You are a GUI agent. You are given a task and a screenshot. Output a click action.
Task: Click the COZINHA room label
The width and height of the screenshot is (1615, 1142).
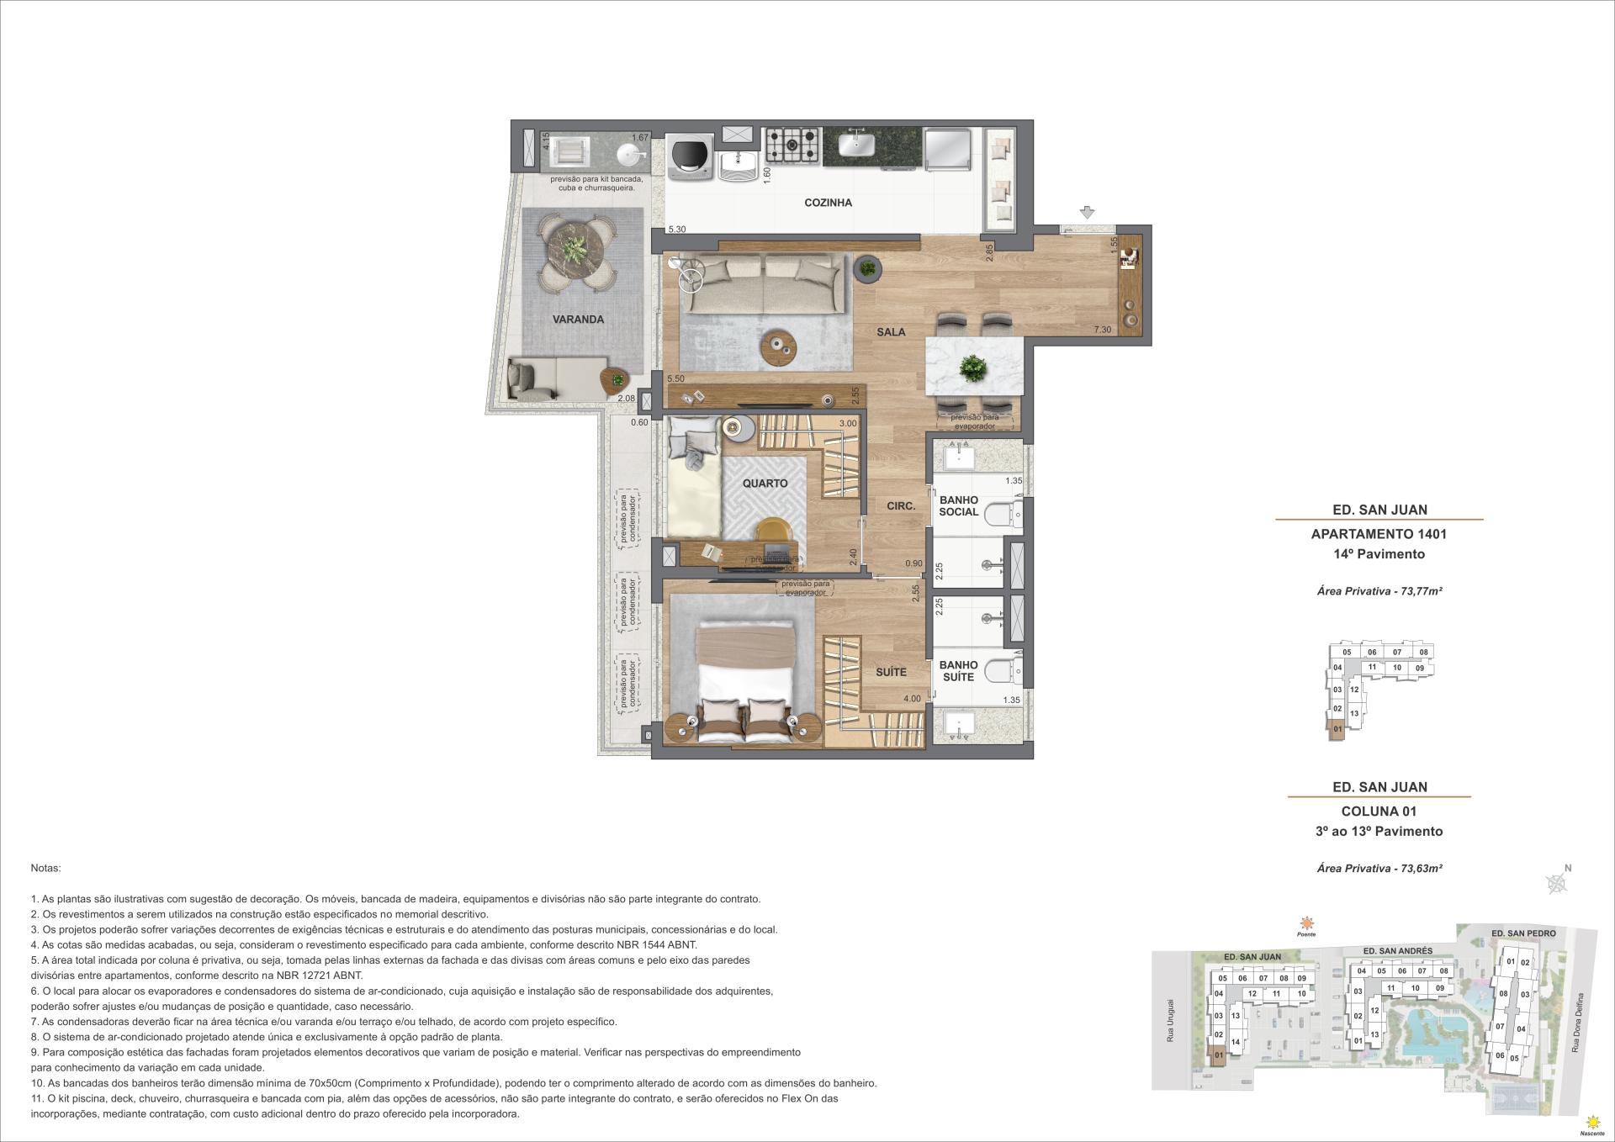pyautogui.click(x=828, y=203)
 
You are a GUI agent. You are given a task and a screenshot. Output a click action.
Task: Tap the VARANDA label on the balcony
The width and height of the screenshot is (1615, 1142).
pyautogui.click(x=578, y=320)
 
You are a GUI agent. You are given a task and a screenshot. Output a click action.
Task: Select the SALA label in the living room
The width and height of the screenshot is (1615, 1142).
pyautogui.click(x=891, y=332)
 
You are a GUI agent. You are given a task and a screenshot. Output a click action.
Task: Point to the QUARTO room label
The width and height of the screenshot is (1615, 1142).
pyautogui.click(x=765, y=484)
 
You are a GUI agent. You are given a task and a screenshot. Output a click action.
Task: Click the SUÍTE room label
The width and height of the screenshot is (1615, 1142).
pyautogui.click(x=891, y=672)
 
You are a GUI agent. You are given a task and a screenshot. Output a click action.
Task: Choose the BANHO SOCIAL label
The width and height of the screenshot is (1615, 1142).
pyautogui.click(x=958, y=506)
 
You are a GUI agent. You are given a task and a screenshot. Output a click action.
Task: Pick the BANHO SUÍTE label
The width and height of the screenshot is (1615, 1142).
pyautogui.click(x=958, y=671)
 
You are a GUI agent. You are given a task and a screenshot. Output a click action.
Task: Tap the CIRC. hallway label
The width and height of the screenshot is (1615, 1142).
pyautogui.click(x=900, y=506)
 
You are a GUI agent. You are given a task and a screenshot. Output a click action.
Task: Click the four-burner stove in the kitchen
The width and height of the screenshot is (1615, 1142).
pyautogui.click(x=792, y=146)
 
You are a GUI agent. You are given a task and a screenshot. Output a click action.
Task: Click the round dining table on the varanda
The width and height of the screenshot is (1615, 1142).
pyautogui.click(x=576, y=251)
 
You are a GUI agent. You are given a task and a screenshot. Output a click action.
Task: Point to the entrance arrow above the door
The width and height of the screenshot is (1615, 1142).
pyautogui.click(x=1087, y=214)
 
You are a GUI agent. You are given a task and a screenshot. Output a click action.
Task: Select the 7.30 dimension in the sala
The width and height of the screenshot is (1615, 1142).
pyautogui.click(x=1102, y=330)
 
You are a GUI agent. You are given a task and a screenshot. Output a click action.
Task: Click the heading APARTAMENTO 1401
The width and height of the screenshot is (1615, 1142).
pyautogui.click(x=1379, y=534)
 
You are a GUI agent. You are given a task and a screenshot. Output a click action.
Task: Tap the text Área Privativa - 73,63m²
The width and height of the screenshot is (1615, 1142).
pyautogui.click(x=1379, y=869)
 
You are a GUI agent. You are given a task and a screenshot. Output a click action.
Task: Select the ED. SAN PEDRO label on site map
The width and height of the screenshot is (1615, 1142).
pyautogui.click(x=1522, y=933)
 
